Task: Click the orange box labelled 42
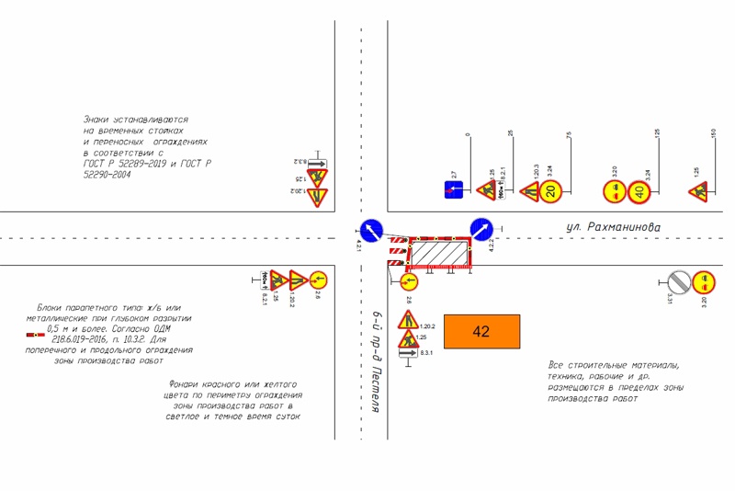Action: [x=481, y=332]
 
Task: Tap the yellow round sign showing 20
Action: [x=550, y=191]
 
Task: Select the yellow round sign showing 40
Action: [x=641, y=192]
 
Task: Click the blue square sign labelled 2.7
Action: [x=453, y=190]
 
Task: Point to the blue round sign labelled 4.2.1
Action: [x=370, y=228]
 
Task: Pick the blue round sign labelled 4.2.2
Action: [x=481, y=228]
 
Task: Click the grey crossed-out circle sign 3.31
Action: [x=678, y=280]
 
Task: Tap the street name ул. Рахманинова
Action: [x=612, y=226]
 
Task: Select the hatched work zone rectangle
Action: [x=437, y=251]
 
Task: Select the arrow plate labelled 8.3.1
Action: [x=408, y=353]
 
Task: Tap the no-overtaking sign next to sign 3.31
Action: [x=703, y=280]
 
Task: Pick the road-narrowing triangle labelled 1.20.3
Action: [x=528, y=192]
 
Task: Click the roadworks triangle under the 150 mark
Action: [x=698, y=191]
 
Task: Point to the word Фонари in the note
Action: [x=186, y=384]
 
